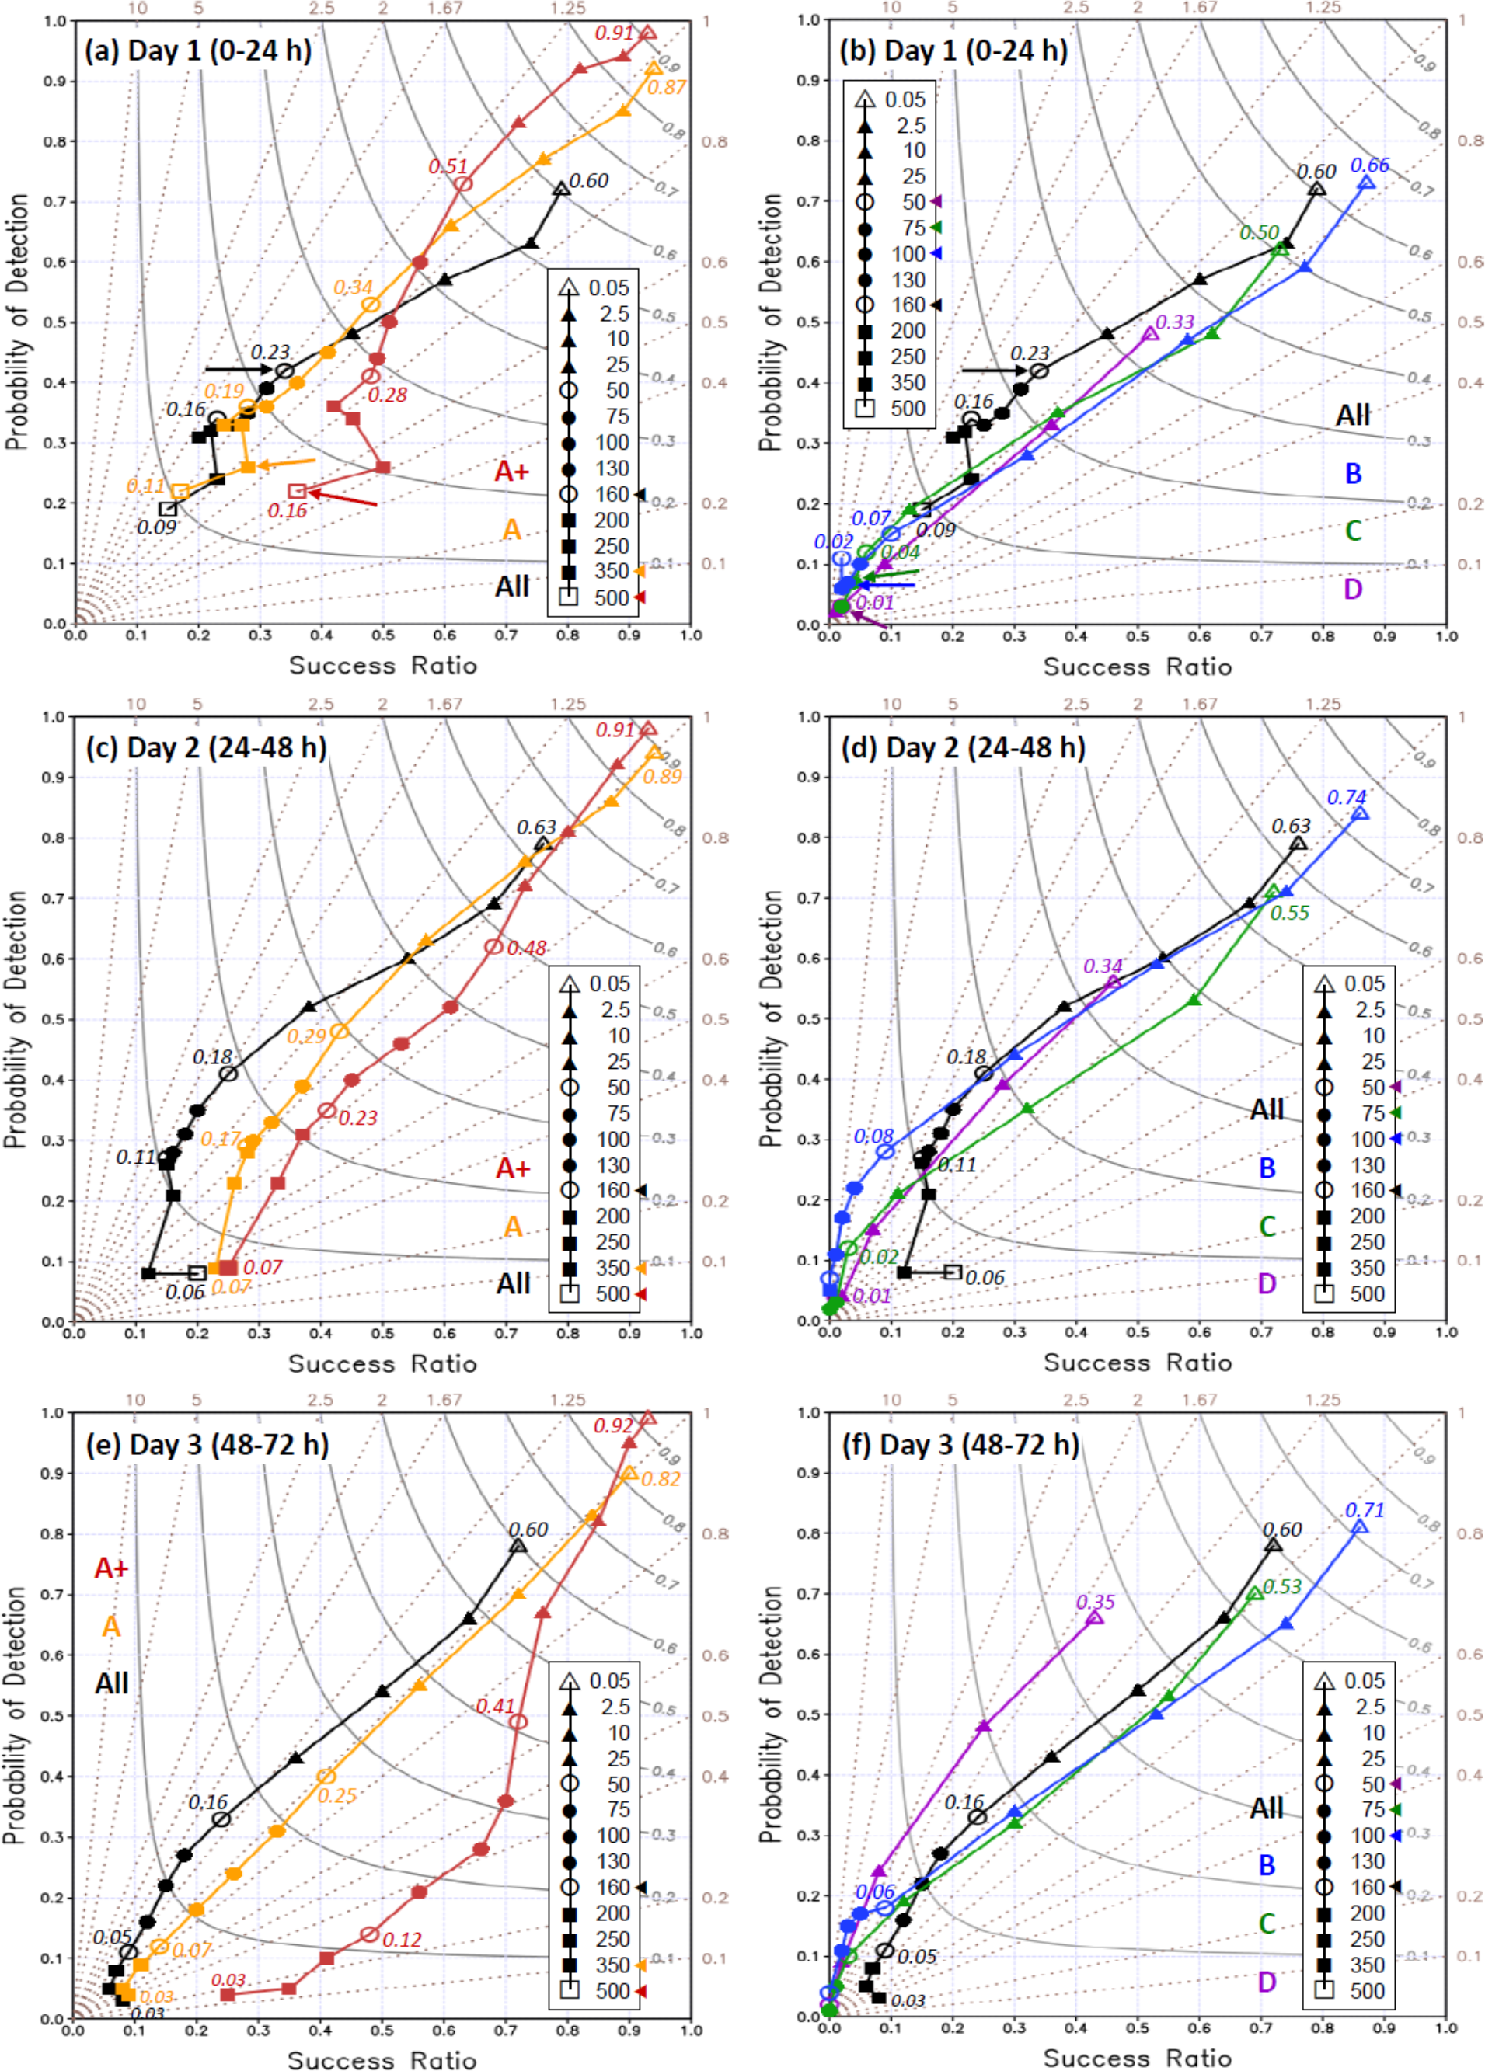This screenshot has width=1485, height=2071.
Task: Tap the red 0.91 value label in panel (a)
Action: pyautogui.click(x=614, y=33)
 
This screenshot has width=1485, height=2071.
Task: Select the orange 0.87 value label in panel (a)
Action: pyautogui.click(x=666, y=88)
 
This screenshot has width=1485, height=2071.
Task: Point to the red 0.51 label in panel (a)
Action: pyautogui.click(x=448, y=166)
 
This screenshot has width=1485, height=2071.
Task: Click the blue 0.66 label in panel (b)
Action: pyautogui.click(x=1369, y=165)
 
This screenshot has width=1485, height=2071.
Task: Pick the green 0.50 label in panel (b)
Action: pyautogui.click(x=1260, y=233)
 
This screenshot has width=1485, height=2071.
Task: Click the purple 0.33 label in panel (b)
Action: pyautogui.click(x=1174, y=322)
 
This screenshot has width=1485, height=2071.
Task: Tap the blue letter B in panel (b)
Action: pyautogui.click(x=1353, y=474)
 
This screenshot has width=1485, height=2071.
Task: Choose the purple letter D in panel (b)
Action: pyautogui.click(x=1353, y=589)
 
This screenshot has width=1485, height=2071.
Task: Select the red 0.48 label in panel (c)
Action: pyautogui.click(x=527, y=948)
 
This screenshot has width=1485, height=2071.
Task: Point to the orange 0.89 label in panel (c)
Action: pyautogui.click(x=662, y=776)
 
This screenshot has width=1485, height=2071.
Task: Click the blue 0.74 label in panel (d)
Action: pyautogui.click(x=1346, y=797)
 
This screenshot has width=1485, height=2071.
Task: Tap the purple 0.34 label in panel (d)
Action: pyautogui.click(x=1103, y=966)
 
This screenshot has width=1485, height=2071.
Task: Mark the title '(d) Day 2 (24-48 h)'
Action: pyautogui.click(x=963, y=748)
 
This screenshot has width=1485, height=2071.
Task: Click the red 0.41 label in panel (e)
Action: pyautogui.click(x=495, y=1706)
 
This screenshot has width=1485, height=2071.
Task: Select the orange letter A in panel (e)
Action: pyautogui.click(x=111, y=1627)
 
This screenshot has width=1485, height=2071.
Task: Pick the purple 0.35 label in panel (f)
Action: pyautogui.click(x=1095, y=1602)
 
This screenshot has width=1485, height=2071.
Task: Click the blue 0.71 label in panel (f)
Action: pyautogui.click(x=1365, y=1510)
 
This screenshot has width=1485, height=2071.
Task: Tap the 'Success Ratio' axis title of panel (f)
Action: pyautogui.click(x=1137, y=2057)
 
